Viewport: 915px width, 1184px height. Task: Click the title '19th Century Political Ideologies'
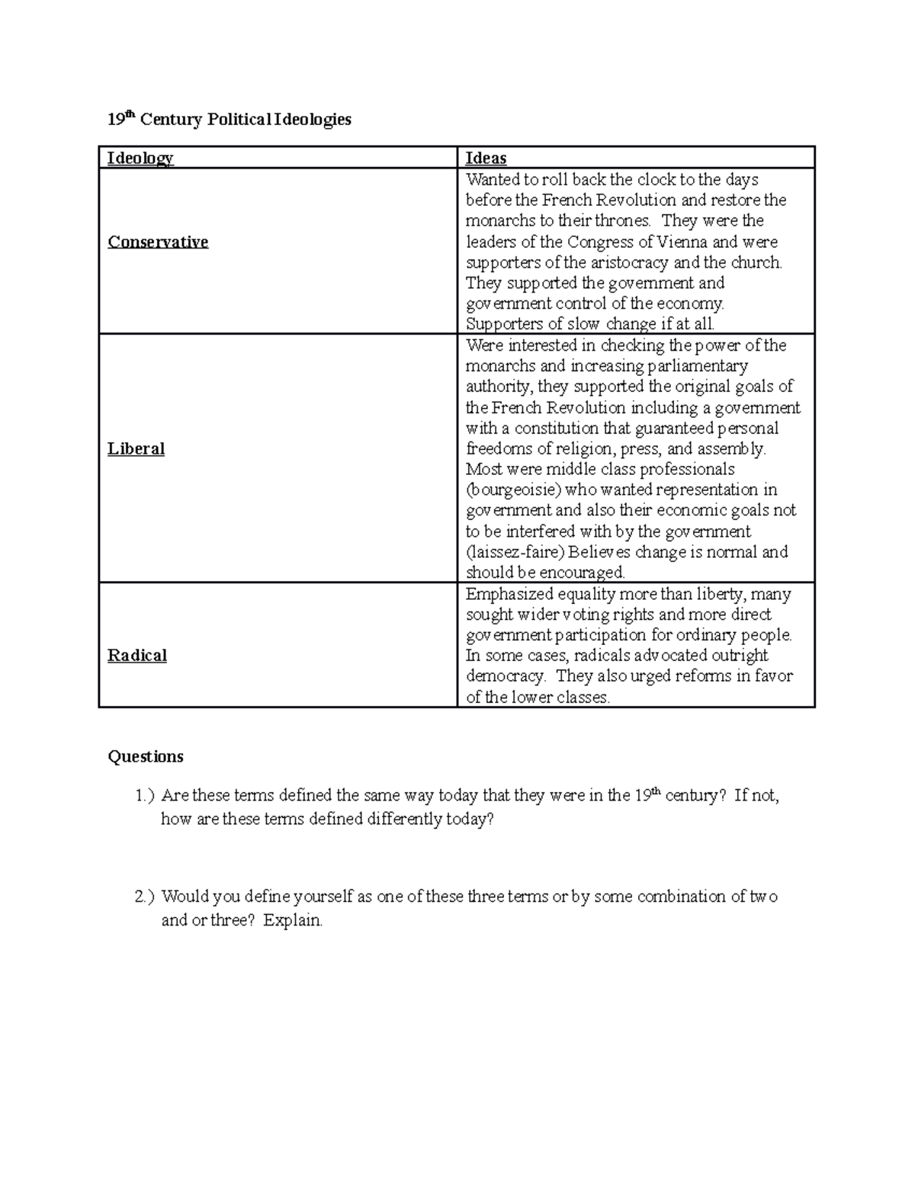pyautogui.click(x=230, y=120)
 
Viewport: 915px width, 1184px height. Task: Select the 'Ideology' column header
pyautogui.click(x=140, y=159)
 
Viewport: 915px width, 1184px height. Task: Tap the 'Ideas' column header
pyautogui.click(x=486, y=159)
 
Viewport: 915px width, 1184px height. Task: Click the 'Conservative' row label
pyautogui.click(x=158, y=242)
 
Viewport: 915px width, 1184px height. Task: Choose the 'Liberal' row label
pyautogui.click(x=136, y=449)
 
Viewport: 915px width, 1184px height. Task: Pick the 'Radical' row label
pyautogui.click(x=137, y=656)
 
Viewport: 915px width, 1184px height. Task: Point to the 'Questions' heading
pyautogui.click(x=146, y=756)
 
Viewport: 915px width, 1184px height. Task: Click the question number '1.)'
pyautogui.click(x=145, y=796)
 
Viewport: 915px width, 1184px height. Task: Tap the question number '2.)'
pyautogui.click(x=145, y=897)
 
